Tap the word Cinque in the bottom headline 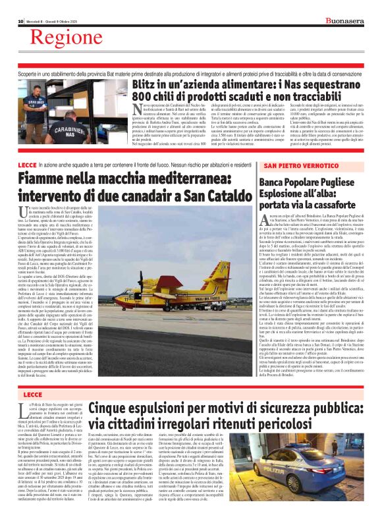coord(109,408)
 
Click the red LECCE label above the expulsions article coord(31,394)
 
